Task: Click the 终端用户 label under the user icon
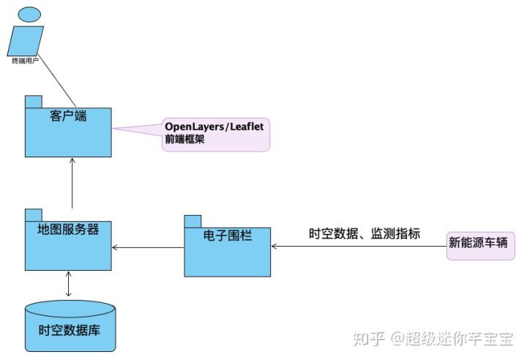(27, 59)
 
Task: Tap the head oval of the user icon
(29, 13)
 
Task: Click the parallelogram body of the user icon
(28, 38)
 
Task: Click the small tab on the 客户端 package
(33, 102)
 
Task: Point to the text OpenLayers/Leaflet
(215, 127)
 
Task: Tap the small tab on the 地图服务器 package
(33, 214)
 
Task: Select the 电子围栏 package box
(227, 256)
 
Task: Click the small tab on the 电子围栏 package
(193, 221)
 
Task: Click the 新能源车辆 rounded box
(482, 244)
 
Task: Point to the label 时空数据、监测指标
(365, 234)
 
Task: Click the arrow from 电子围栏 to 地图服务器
(148, 247)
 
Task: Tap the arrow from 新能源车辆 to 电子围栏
(359, 247)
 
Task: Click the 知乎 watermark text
(367, 338)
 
